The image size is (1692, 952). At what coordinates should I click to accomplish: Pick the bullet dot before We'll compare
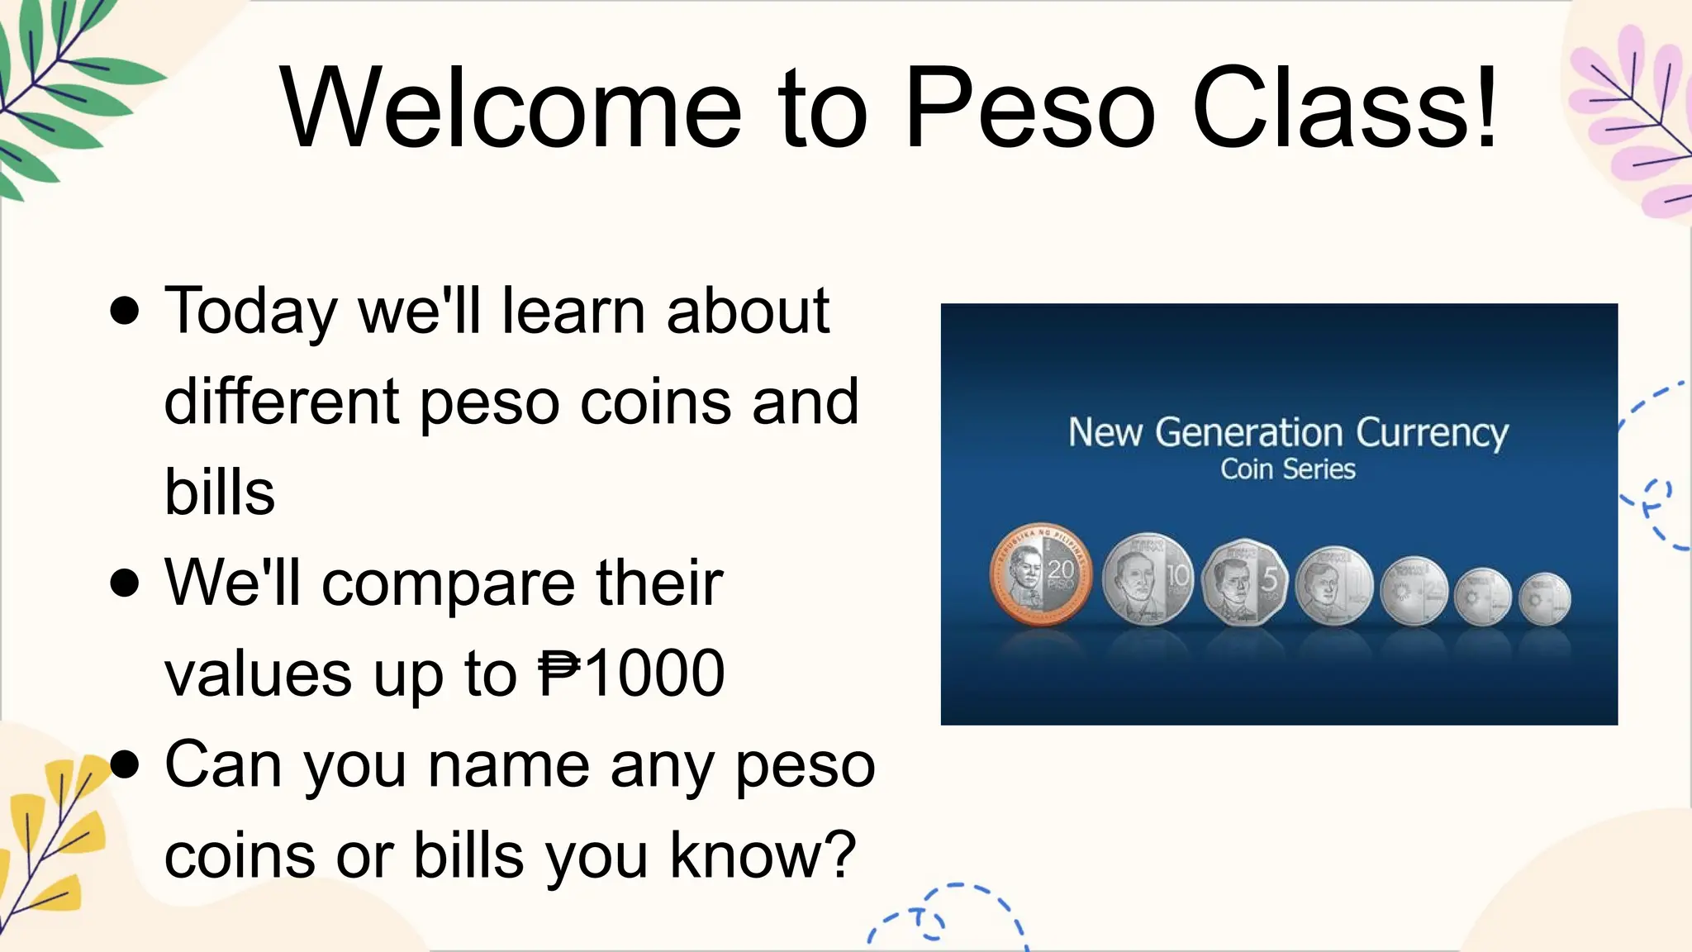125,583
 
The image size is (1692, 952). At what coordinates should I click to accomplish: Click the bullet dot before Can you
125,764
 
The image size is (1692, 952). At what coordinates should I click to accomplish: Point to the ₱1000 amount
632,674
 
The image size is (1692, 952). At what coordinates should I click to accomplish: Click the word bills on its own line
220,493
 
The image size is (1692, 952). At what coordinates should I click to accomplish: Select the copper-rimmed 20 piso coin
1040,574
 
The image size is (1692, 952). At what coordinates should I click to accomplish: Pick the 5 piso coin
1244,581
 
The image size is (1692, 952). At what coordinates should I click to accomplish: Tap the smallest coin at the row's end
1544,597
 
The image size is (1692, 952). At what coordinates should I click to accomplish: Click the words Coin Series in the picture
1288,469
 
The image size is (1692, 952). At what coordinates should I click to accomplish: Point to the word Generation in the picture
1248,432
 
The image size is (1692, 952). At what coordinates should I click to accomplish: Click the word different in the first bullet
282,402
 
